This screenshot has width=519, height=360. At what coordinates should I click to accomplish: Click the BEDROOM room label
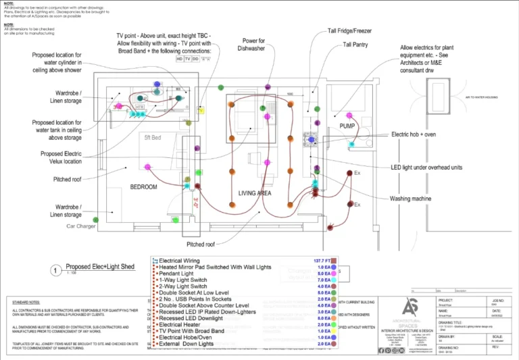[143, 187]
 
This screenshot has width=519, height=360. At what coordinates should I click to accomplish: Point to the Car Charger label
[82, 227]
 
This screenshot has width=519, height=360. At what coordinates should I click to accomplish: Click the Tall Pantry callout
[355, 45]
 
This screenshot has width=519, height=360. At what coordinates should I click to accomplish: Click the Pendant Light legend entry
[180, 274]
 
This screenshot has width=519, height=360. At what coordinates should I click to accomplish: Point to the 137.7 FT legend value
[320, 260]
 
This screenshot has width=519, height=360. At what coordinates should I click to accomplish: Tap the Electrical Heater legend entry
[185, 325]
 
